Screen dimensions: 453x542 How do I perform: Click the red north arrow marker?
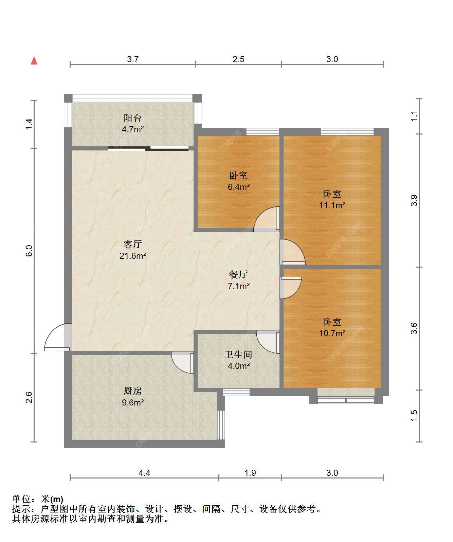tap(34, 60)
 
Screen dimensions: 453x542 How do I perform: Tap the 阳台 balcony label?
tap(133, 118)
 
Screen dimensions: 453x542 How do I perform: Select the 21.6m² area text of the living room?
tap(133, 256)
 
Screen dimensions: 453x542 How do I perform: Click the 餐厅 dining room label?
tap(238, 274)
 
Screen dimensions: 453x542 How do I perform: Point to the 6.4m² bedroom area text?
tap(239, 187)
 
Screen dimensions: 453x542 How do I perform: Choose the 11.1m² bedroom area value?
tap(332, 205)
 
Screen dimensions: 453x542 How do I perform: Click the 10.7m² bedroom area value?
tap(332, 333)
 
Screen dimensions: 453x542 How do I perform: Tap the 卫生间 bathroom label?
tap(238, 354)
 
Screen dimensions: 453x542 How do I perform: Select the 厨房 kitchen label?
tap(133, 391)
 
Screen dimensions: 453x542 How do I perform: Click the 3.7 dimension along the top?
tap(133, 59)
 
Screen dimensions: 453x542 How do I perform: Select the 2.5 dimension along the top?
tap(238, 59)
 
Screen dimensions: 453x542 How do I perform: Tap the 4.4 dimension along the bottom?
tap(144, 473)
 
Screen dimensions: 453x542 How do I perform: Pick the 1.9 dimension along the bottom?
tap(250, 473)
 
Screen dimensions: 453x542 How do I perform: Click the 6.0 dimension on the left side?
tap(29, 251)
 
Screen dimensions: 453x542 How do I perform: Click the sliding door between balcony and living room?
tap(148, 149)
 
